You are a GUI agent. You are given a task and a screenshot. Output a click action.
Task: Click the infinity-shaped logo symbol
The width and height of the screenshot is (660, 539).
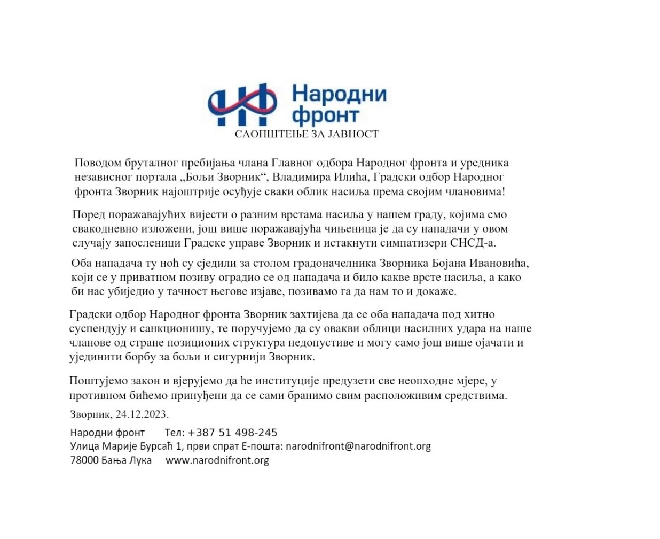[x=242, y=104]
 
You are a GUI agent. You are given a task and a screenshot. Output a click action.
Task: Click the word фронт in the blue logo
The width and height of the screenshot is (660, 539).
[x=325, y=115]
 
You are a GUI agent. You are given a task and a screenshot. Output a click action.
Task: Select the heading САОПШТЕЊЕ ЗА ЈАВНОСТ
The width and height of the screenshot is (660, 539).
[x=307, y=134]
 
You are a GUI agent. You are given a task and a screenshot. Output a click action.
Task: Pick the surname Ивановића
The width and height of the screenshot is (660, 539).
[x=499, y=263]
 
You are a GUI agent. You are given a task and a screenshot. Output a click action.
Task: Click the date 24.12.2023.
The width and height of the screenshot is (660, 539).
[x=142, y=414]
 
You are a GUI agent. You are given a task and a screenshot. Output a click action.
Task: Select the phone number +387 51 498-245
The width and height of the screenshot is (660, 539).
[x=232, y=433]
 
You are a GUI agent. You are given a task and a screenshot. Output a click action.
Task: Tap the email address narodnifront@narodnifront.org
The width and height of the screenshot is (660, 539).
[x=358, y=446]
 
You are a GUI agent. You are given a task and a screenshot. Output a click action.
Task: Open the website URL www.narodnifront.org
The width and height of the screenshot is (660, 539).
[x=217, y=460]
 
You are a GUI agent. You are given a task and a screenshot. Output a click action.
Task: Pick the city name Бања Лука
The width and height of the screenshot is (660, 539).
[x=126, y=460]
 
